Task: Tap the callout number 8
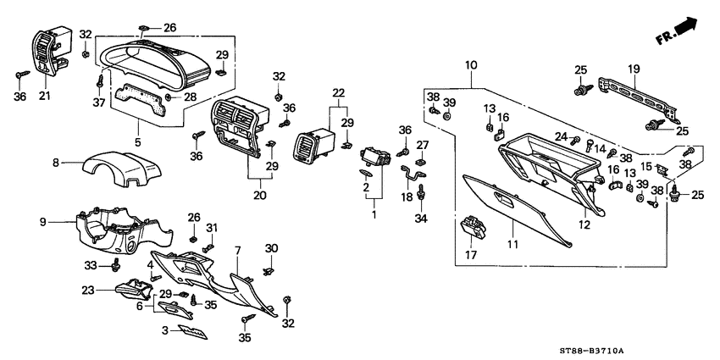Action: tap(56, 161)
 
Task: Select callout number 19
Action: tap(633, 69)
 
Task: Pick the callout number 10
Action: tap(471, 64)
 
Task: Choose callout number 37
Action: tap(100, 104)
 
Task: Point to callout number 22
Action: tap(339, 92)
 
